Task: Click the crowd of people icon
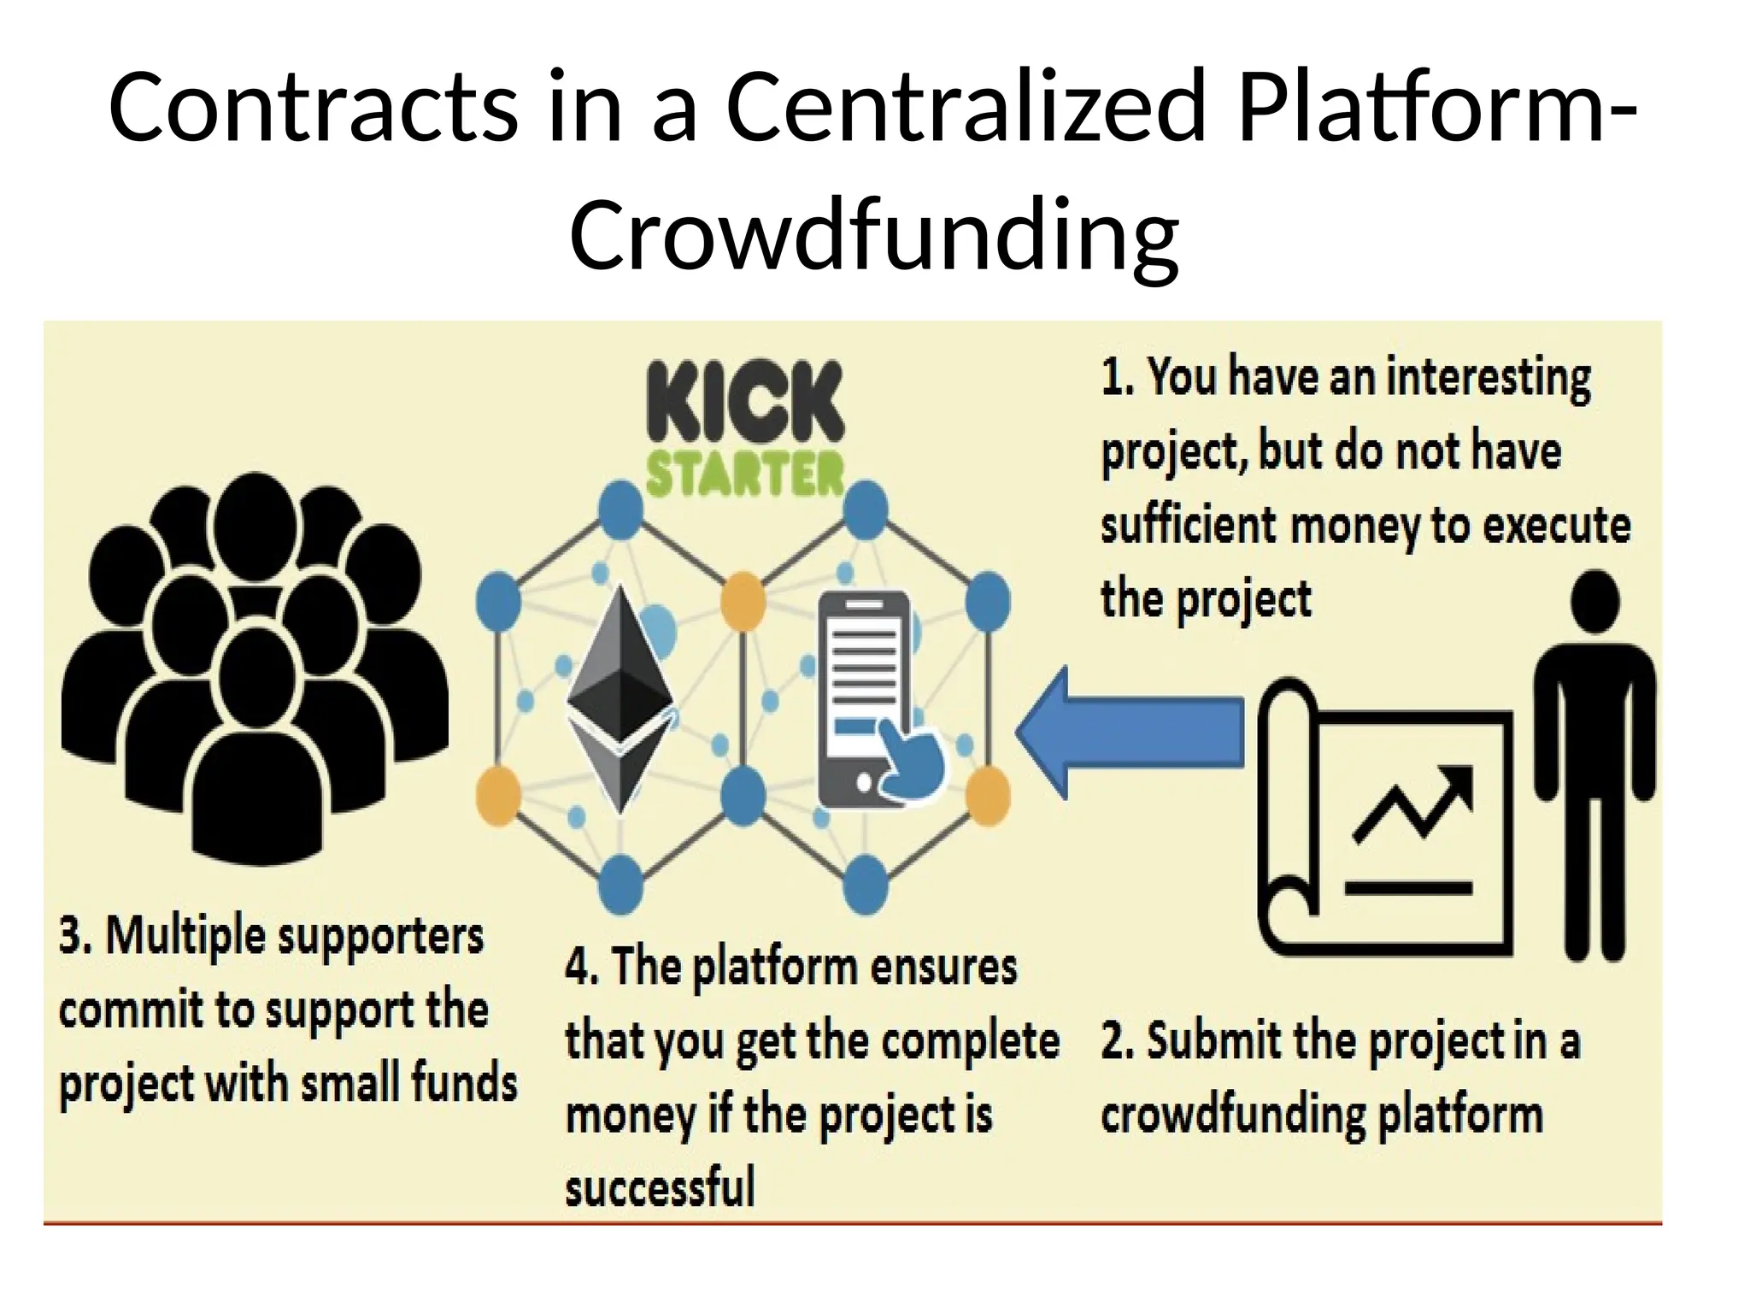click(254, 667)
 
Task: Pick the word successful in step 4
click(660, 1187)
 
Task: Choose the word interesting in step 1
click(1488, 377)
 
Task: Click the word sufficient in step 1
click(1188, 524)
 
